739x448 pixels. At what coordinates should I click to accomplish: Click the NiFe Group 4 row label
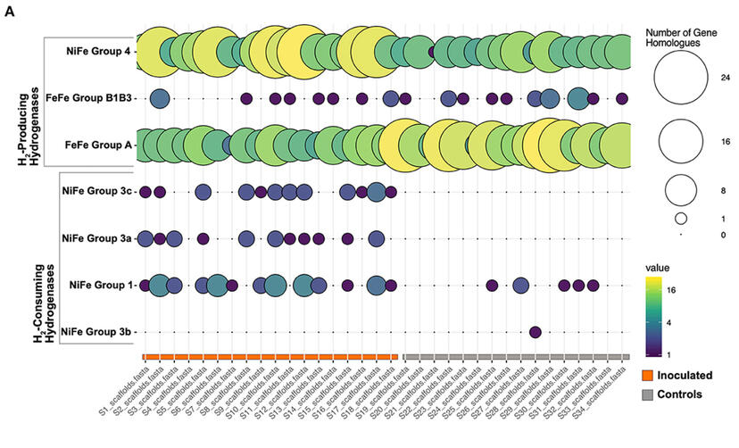click(x=98, y=52)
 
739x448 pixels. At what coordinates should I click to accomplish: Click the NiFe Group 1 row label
click(x=101, y=285)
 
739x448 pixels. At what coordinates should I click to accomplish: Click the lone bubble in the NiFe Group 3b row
click(x=536, y=332)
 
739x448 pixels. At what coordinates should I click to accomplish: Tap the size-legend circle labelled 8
click(x=680, y=189)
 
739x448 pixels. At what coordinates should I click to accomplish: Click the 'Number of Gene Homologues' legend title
click(x=683, y=37)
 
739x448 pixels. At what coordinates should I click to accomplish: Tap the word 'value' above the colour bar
click(x=657, y=267)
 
